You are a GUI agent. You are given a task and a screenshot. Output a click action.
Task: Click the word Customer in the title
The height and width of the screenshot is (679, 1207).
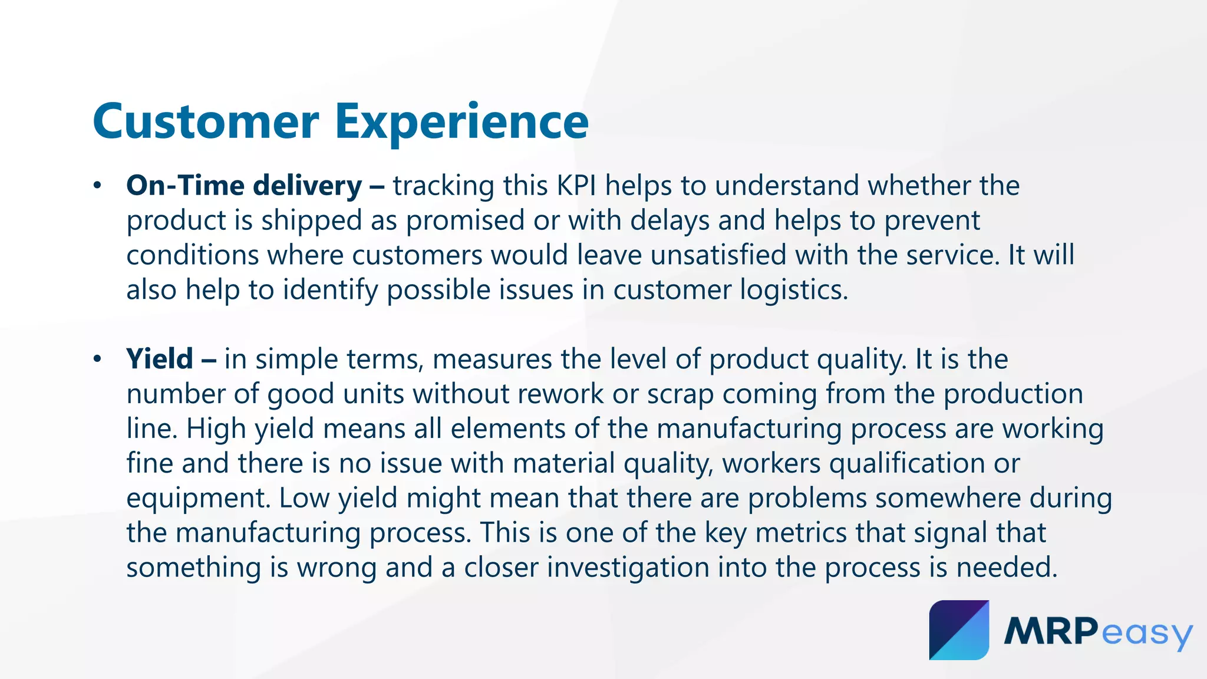click(206, 121)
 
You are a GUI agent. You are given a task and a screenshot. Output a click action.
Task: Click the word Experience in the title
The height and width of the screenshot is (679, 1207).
click(461, 121)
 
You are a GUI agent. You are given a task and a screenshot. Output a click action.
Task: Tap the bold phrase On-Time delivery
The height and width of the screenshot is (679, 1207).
click(244, 186)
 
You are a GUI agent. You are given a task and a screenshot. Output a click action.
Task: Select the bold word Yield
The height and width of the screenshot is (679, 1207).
click(160, 359)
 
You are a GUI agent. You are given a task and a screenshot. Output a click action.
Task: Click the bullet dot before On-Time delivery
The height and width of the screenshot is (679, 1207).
click(97, 186)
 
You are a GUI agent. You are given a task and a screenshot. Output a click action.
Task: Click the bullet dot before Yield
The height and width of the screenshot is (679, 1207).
click(97, 359)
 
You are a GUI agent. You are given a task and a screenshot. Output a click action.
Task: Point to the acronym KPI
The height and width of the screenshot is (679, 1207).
click(576, 186)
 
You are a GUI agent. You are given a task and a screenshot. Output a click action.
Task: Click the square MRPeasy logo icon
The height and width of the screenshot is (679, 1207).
click(959, 630)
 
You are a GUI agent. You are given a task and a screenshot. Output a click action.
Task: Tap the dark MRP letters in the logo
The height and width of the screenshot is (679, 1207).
click(1051, 631)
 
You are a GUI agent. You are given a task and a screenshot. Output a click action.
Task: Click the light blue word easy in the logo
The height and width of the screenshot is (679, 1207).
click(1146, 634)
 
